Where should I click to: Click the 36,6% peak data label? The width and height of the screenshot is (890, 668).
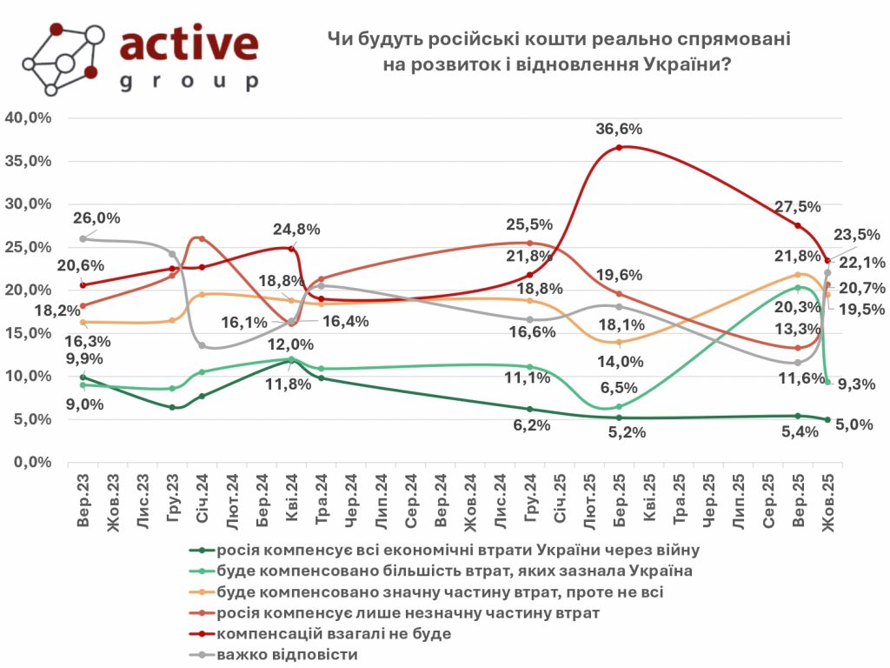click(x=619, y=129)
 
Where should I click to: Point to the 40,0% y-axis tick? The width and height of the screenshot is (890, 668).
click(x=29, y=118)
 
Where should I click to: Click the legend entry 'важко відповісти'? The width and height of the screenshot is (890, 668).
click(x=287, y=654)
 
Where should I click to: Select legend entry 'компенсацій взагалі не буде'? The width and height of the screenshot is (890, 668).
click(x=334, y=633)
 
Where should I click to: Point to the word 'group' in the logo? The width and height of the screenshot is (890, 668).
click(x=189, y=83)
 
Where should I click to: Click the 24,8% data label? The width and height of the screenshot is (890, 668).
click(x=298, y=230)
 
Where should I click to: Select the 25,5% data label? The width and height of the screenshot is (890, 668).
click(x=528, y=224)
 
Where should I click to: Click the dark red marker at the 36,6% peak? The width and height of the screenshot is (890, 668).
click(x=619, y=148)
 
